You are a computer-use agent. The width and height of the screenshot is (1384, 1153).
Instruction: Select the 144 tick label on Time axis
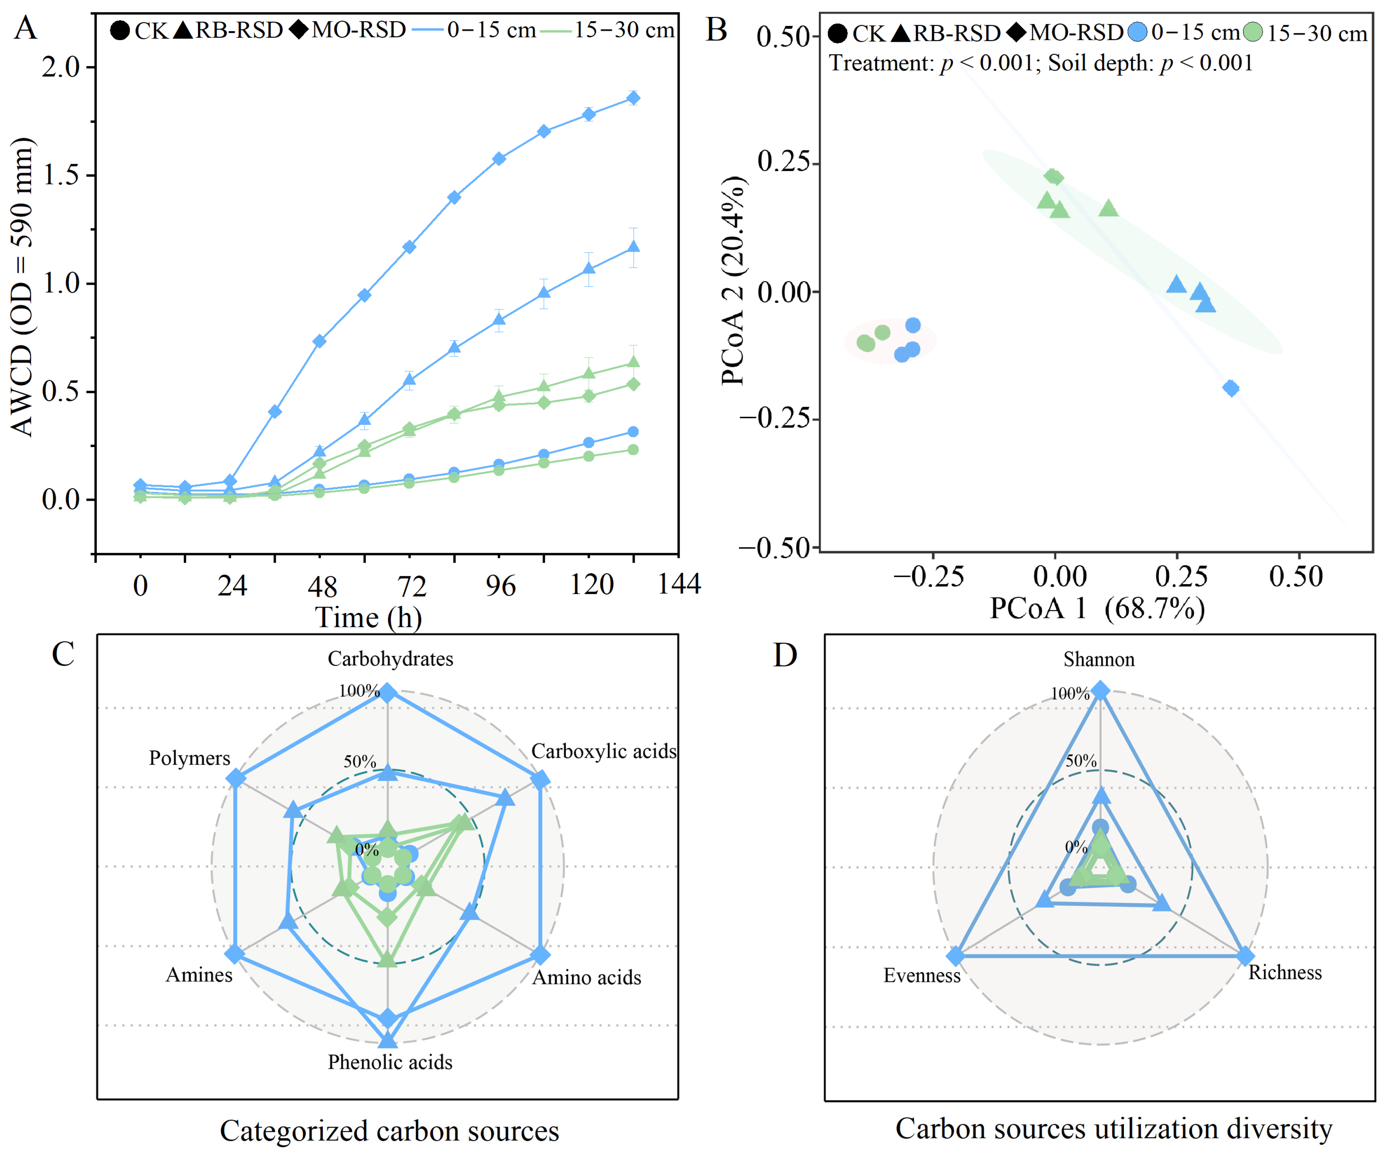[x=679, y=584]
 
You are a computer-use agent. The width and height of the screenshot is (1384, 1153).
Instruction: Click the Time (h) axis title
[x=368, y=617]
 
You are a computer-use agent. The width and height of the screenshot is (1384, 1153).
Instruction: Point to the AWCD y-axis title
[x=22, y=287]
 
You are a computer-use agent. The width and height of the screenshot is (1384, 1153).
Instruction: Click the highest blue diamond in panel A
[x=633, y=98]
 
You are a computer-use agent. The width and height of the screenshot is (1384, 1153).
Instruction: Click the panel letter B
[x=716, y=30]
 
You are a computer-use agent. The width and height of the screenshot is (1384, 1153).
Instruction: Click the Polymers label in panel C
[x=190, y=758]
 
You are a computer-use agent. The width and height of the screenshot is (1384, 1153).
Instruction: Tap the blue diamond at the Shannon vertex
[x=1100, y=690]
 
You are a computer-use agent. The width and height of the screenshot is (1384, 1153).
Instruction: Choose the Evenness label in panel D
[x=922, y=976]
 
